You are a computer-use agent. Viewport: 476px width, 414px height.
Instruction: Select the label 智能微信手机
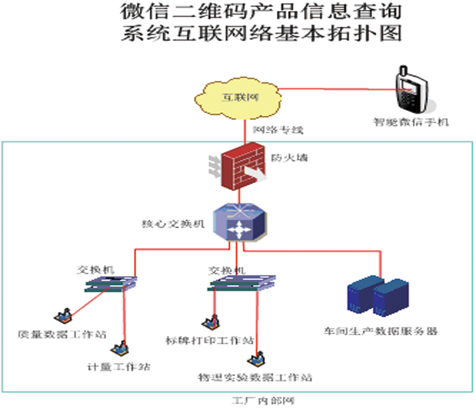pyautogui.click(x=411, y=122)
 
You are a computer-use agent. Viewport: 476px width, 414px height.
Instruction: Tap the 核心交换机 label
pyautogui.click(x=173, y=224)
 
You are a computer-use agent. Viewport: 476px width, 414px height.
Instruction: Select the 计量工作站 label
pyautogui.click(x=118, y=367)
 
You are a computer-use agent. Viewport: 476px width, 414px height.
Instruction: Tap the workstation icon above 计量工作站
pyautogui.click(x=120, y=348)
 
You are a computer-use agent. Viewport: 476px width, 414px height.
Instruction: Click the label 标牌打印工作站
pyautogui.click(x=210, y=340)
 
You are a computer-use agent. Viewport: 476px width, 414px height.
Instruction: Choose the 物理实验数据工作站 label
pyautogui.click(x=255, y=377)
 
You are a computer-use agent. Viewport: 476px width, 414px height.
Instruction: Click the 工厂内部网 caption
pyautogui.click(x=262, y=401)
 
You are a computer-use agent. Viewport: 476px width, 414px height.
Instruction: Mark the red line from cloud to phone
pyautogui.click(x=336, y=89)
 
